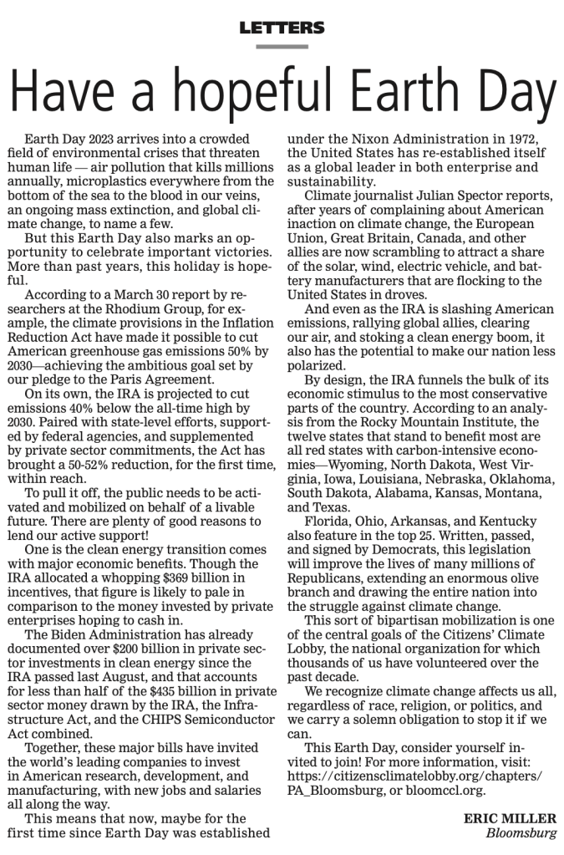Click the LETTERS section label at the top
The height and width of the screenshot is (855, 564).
[282, 28]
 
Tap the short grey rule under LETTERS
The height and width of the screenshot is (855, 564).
[282, 47]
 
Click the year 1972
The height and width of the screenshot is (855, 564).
[515, 137]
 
